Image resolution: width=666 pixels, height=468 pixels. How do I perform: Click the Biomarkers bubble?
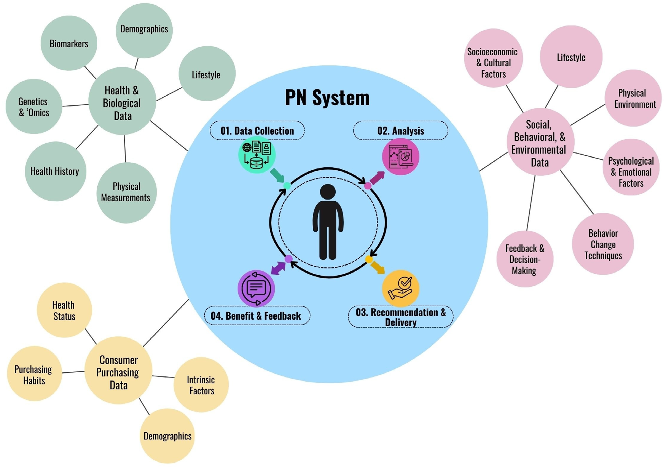pos(69,43)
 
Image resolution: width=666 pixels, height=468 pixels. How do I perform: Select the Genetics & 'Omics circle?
pos(34,107)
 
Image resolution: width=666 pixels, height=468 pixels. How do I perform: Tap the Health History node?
pos(55,171)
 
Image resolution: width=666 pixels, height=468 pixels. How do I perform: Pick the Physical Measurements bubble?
pos(126,192)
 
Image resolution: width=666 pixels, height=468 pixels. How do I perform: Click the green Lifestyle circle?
pos(207,74)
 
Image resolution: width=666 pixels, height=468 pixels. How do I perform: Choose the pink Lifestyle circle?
pos(571,57)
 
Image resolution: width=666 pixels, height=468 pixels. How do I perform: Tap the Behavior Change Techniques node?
pos(603,244)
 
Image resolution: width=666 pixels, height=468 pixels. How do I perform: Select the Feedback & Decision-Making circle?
pos(525,259)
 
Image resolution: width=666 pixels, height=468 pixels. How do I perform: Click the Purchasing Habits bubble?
pos(34,374)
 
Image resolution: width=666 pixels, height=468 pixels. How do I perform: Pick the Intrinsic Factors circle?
pos(201,385)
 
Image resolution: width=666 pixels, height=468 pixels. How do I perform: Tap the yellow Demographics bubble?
pos(167,436)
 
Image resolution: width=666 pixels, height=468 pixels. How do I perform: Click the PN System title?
pos(327,98)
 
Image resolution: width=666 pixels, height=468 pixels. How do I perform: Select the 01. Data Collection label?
pos(257,131)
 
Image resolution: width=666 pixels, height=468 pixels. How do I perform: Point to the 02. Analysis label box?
pos(400,131)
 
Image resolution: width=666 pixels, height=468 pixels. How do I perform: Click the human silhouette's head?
pos(328,192)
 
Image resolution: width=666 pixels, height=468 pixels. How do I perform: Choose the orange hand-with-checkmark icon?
pos(400,288)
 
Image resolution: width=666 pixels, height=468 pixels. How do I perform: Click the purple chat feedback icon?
pos(256,289)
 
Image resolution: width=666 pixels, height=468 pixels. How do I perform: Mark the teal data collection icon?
pos(257,155)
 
